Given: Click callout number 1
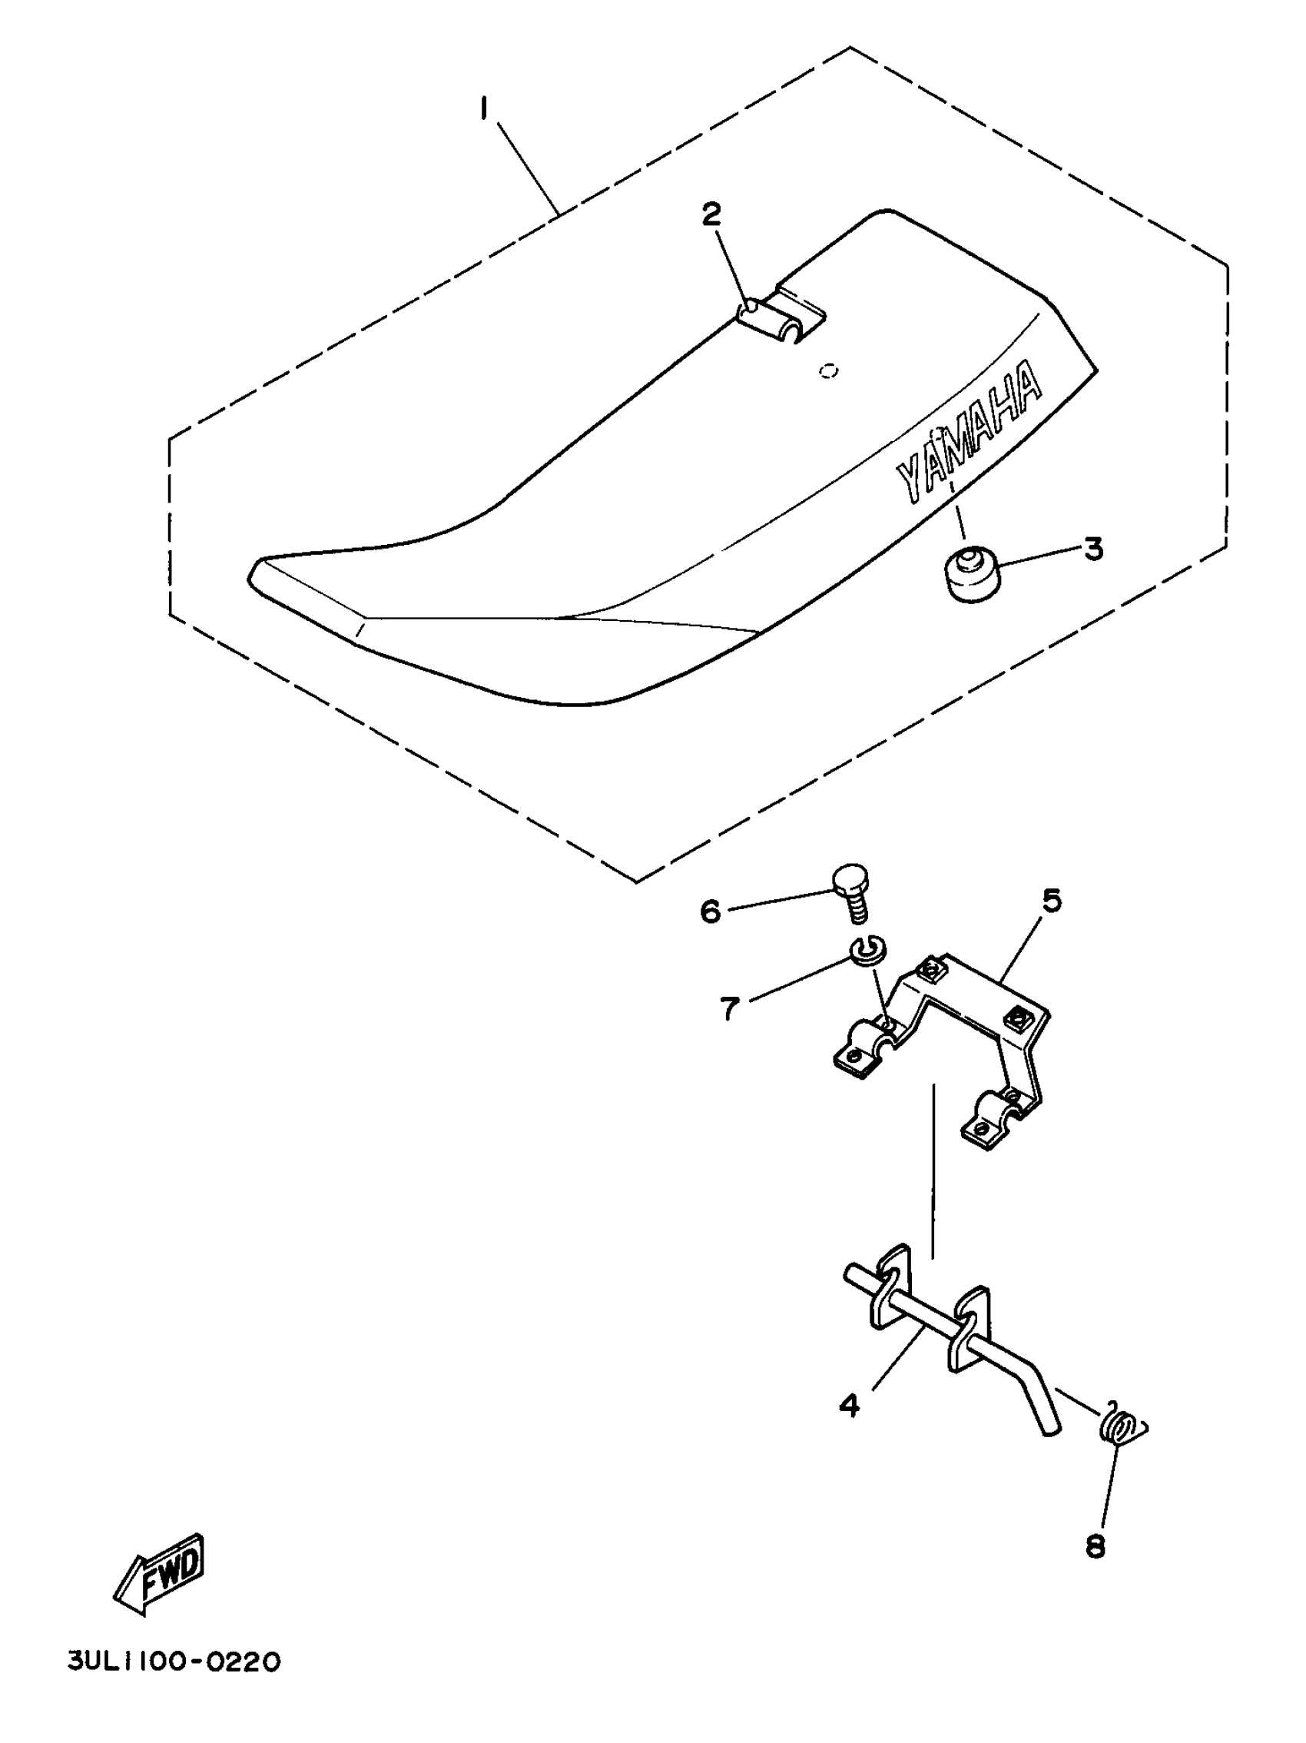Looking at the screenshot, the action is click(485, 108).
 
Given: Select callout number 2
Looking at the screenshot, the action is click(711, 215).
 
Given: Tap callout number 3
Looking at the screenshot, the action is click(1093, 549).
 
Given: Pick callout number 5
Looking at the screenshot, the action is click(1052, 901).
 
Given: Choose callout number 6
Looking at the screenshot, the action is click(711, 911).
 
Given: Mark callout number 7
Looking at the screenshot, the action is click(730, 1008).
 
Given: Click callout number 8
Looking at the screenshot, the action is click(1095, 1546).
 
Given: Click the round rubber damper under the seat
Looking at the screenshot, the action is click(970, 574).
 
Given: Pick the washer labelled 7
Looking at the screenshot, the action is click(868, 951).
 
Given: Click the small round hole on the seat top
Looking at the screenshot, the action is click(828, 370).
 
